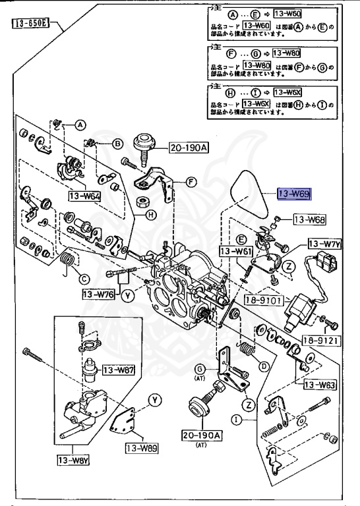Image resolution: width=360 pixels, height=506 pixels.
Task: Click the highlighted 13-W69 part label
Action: pyautogui.click(x=293, y=194)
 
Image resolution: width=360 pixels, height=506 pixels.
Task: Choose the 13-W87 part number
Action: pyautogui.click(x=119, y=370)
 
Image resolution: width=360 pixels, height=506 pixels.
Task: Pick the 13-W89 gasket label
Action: pyautogui.click(x=141, y=449)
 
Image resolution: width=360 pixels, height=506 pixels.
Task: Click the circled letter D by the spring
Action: pyautogui.click(x=263, y=366)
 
